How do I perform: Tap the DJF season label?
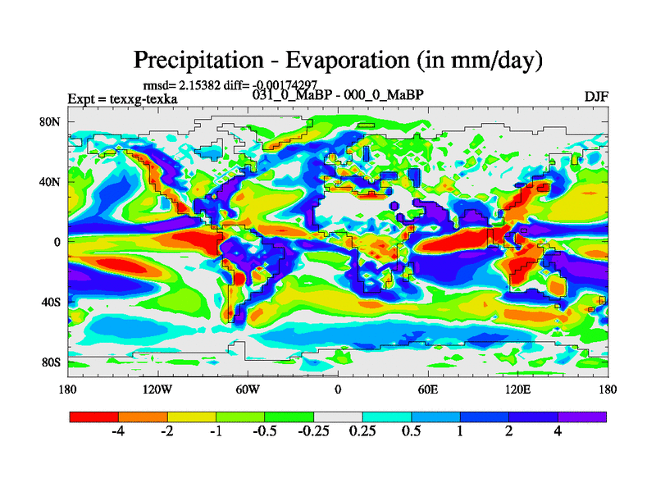[x=595, y=97]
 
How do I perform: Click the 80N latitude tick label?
[x=51, y=121]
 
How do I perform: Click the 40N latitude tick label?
[x=51, y=181]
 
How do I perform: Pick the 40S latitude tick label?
[x=51, y=302]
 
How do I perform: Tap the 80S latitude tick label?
[x=51, y=362]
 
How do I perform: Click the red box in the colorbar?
[x=94, y=417]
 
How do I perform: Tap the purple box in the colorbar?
[x=582, y=417]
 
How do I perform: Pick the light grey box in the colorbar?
[x=338, y=417]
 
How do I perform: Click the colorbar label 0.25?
[x=362, y=432]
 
